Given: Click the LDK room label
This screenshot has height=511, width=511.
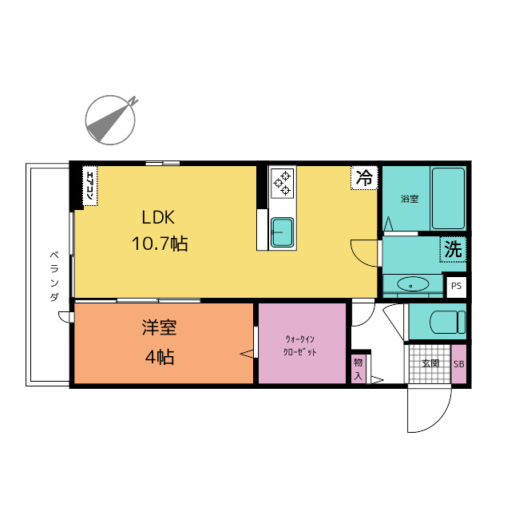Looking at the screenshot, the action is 158,217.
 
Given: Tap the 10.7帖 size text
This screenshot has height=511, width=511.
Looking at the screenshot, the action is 160,244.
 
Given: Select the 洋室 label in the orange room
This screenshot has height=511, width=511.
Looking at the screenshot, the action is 159,327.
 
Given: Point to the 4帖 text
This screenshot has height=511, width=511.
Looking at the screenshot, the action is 160,357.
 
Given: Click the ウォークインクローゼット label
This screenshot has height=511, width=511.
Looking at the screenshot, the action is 300,346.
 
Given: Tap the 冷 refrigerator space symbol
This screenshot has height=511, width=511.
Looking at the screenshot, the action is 364,177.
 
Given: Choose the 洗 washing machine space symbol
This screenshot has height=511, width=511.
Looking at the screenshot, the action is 453,249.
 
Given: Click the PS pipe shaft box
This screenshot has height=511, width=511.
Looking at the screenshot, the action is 456,286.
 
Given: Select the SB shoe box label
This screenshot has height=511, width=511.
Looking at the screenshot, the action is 459,364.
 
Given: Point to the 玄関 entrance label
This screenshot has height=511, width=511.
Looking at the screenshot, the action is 430,363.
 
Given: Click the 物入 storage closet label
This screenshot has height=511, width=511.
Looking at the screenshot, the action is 358,369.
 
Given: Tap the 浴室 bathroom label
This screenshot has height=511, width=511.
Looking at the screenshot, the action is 410,199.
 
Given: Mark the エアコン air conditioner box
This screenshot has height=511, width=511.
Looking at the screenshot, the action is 90,186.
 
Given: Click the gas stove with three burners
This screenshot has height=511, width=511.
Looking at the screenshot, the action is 282,183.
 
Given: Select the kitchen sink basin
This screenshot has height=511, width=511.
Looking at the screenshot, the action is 282,232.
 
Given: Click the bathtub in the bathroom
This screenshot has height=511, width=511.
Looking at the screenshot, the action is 448,199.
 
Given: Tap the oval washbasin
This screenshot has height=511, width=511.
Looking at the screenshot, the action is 413,284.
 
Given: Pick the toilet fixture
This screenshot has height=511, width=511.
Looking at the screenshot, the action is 447,322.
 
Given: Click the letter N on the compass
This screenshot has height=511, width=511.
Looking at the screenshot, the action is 133,101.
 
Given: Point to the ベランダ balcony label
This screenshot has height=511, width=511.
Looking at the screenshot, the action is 54,276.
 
